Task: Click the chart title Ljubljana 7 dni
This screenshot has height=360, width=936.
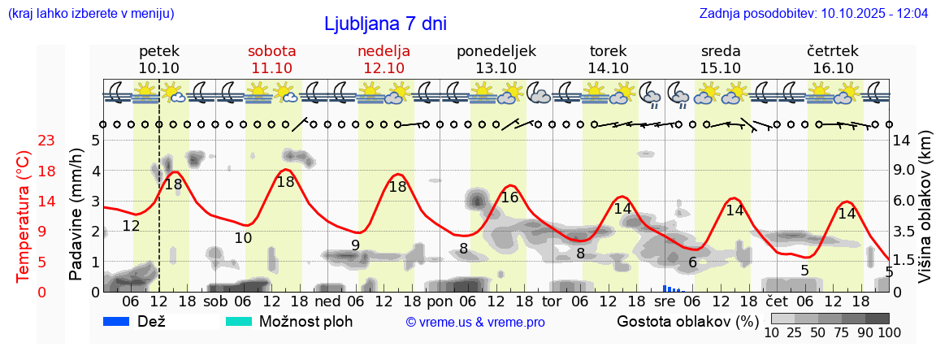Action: [385, 24]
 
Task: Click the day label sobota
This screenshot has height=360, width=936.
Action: [271, 50]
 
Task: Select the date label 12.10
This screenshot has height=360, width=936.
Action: [383, 68]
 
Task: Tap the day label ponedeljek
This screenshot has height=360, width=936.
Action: [496, 50]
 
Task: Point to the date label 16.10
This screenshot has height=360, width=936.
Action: [832, 68]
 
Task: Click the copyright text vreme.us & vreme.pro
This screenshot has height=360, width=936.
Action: [475, 322]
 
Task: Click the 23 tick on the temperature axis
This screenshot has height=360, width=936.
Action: [46, 141]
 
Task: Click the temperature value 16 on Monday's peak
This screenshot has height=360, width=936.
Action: [509, 197]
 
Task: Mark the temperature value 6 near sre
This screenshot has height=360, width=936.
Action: [692, 262]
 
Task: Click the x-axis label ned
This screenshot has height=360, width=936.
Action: [327, 301]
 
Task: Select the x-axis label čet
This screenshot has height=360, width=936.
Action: [776, 301]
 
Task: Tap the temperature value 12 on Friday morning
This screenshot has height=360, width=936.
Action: [131, 226]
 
